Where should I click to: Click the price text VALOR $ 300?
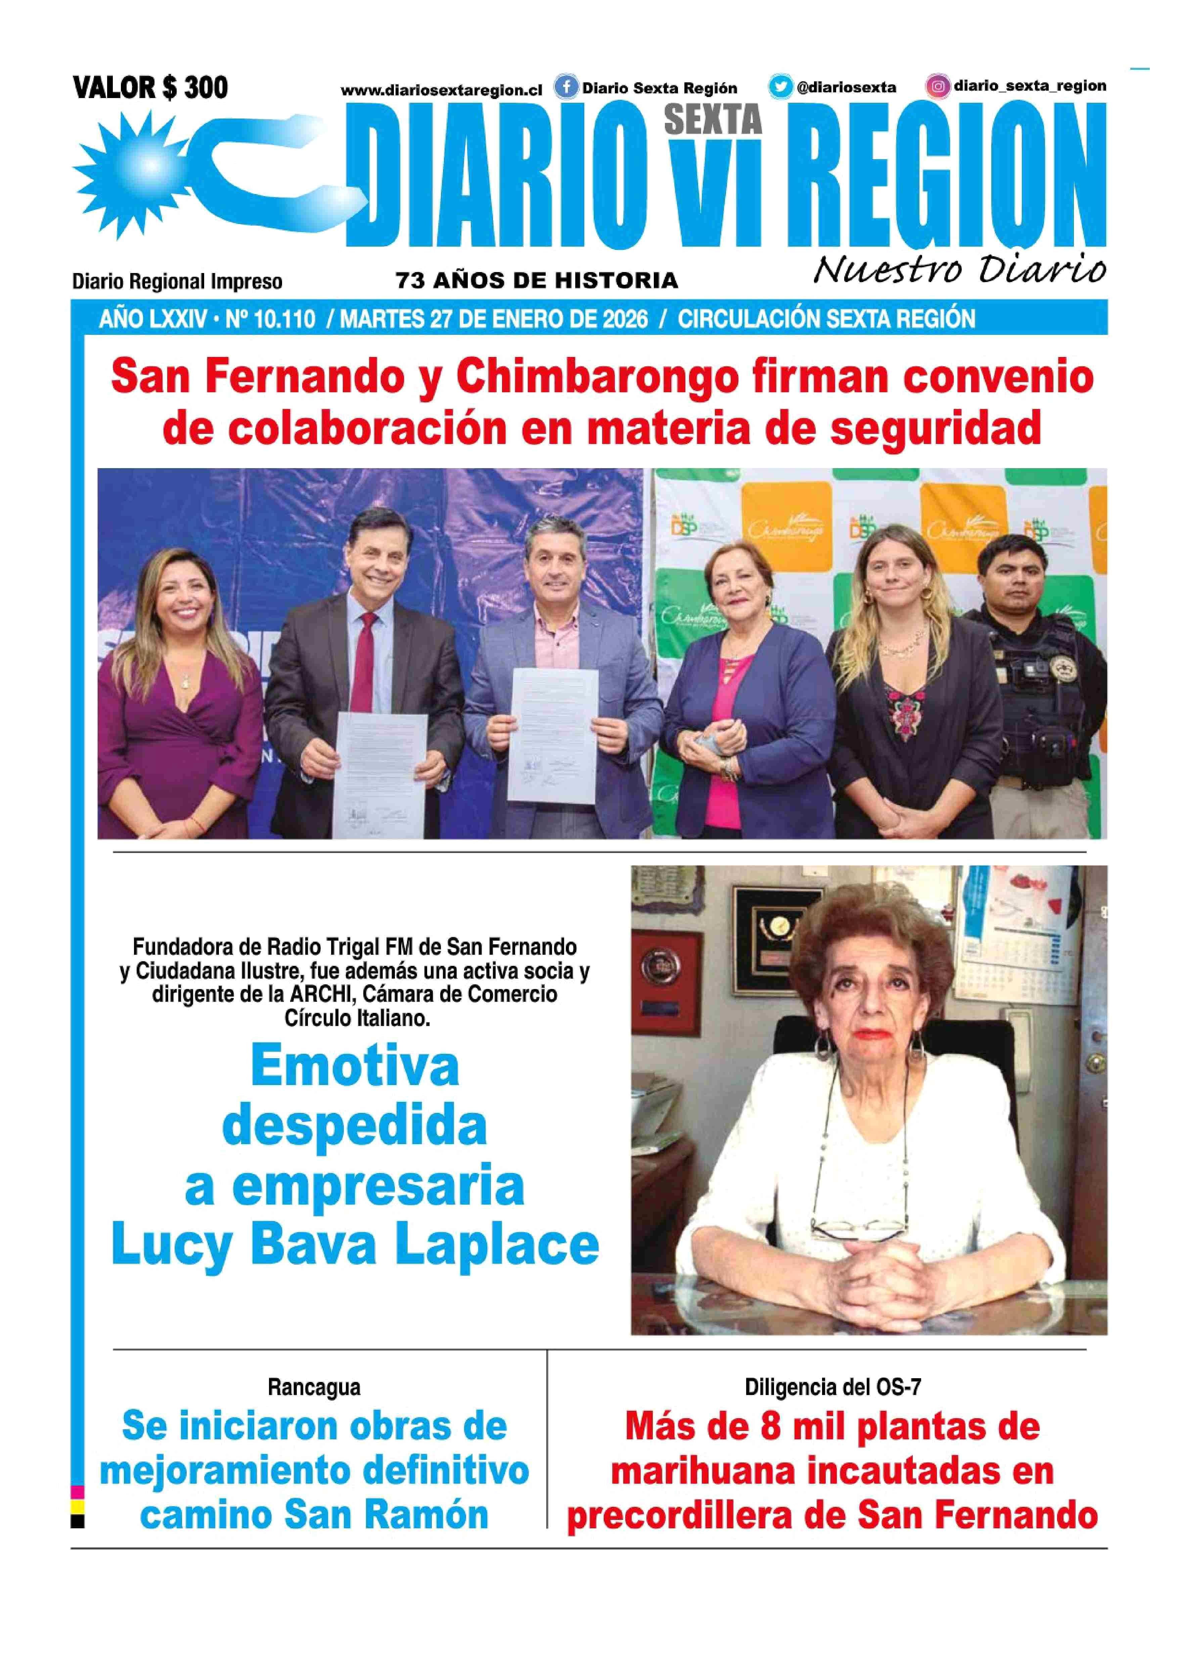point(150,89)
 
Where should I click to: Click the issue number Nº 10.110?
point(270,319)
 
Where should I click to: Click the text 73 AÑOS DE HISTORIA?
point(537,280)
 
